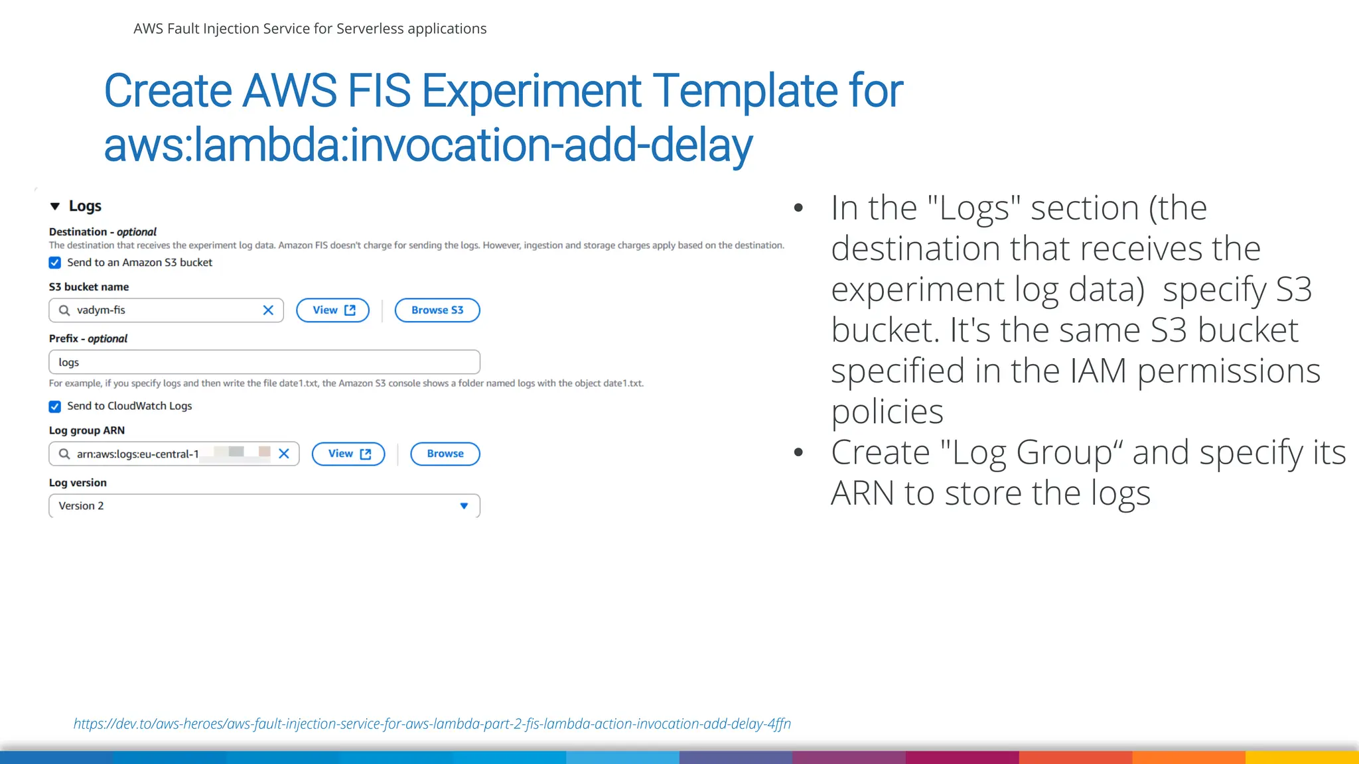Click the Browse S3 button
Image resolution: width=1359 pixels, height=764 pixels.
pos(437,310)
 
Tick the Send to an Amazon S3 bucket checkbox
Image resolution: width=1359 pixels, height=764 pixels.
pos(55,263)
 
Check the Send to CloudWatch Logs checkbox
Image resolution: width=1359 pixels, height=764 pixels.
pos(55,407)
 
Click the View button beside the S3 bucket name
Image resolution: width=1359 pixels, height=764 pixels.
pos(332,310)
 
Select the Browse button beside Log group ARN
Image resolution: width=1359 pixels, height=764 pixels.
pos(445,454)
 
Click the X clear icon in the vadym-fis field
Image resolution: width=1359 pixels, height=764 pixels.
pos(268,310)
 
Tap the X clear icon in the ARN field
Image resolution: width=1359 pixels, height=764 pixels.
pos(284,454)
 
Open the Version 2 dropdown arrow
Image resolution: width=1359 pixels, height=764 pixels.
pos(464,506)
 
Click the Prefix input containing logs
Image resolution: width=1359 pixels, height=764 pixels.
pos(264,363)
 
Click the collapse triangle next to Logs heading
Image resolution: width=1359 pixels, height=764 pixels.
pos(55,206)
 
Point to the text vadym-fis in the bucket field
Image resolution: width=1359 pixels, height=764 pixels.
pos(101,310)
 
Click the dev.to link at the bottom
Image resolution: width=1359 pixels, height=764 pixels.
pos(432,724)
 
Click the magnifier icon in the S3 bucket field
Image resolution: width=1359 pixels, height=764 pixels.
pos(64,310)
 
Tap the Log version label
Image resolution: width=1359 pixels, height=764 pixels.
pos(78,483)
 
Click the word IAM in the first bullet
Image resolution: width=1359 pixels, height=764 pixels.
pos(1098,371)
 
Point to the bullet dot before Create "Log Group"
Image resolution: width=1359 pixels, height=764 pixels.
pos(798,453)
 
